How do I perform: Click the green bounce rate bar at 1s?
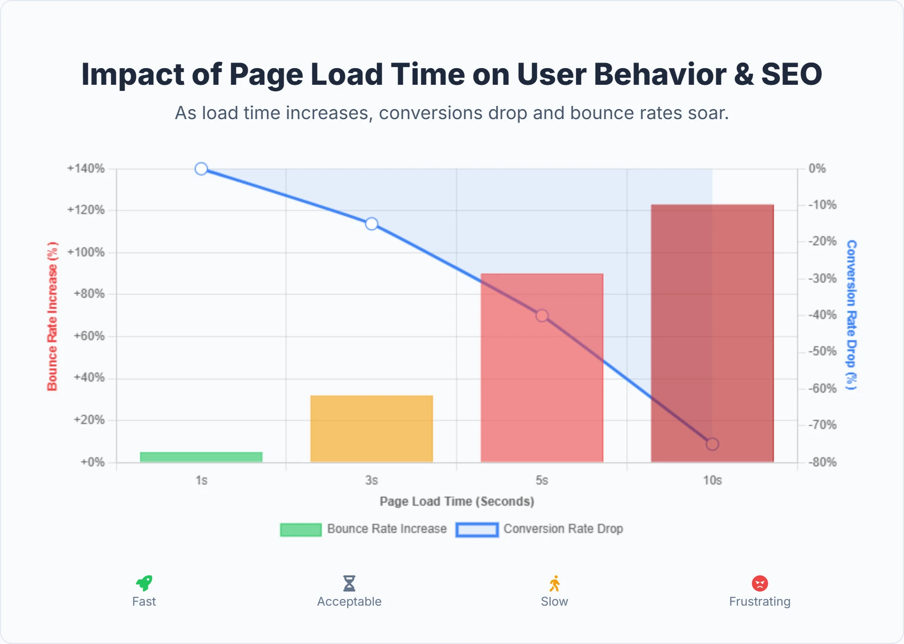point(201,457)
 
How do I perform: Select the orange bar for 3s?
point(372,428)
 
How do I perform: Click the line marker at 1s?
point(201,169)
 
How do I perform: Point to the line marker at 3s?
point(372,224)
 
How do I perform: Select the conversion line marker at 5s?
point(542,315)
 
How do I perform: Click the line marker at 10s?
point(712,444)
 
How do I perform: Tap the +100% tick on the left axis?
point(86,252)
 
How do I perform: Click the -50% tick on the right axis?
point(822,351)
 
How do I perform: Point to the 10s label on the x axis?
point(712,480)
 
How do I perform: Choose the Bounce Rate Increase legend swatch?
point(301,529)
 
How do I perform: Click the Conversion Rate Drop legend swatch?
point(477,529)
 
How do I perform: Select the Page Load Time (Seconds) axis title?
point(457,501)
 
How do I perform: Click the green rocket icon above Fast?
point(144,583)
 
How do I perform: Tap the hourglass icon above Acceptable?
point(349,583)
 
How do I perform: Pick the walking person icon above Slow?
point(554,583)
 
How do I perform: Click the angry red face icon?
point(760,583)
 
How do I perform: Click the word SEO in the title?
point(792,75)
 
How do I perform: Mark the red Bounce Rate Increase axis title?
point(52,316)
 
